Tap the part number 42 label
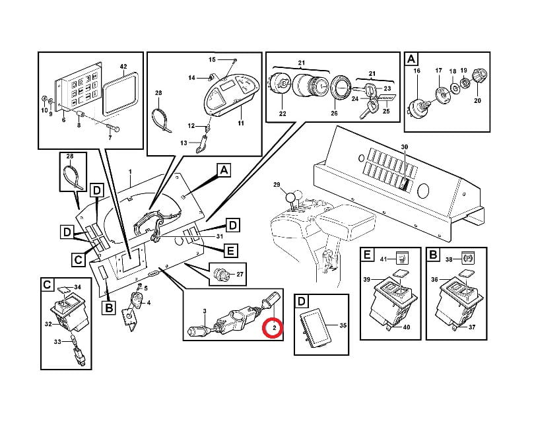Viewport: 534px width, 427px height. pyautogui.click(x=122, y=67)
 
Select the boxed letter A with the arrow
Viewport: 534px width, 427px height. pyautogui.click(x=224, y=171)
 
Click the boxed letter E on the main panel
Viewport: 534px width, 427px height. pyautogui.click(x=230, y=250)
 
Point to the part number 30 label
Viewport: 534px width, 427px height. pyautogui.click(x=404, y=146)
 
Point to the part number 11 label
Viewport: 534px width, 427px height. pyautogui.click(x=241, y=123)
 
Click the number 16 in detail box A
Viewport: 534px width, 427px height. pyautogui.click(x=417, y=70)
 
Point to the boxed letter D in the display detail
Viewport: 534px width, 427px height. pyautogui.click(x=302, y=302)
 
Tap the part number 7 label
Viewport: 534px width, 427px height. pyautogui.click(x=110, y=139)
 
